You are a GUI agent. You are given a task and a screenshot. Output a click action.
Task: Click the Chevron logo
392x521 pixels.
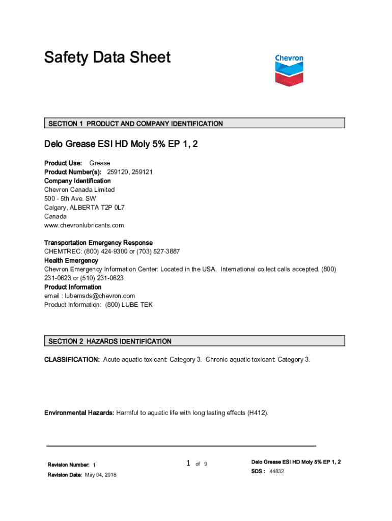click(289, 70)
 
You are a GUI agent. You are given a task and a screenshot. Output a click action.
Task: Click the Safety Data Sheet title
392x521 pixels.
click(107, 57)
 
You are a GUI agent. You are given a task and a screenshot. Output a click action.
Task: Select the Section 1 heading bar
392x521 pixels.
click(194, 123)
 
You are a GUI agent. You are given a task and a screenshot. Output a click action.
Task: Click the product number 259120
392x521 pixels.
click(117, 172)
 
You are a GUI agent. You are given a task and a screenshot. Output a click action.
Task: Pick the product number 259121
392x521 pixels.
click(142, 172)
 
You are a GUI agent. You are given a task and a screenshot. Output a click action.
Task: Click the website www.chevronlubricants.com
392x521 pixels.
click(84, 225)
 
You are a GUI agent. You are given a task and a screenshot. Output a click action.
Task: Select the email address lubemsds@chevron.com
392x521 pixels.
click(100, 296)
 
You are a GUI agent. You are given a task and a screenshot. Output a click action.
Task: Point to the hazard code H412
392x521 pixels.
click(257, 413)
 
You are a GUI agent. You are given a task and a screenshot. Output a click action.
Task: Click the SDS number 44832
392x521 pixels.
click(276, 472)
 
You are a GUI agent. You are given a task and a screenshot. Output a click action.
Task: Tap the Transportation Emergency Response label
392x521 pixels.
click(98, 243)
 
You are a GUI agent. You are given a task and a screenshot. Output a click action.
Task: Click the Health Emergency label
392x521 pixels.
click(71, 260)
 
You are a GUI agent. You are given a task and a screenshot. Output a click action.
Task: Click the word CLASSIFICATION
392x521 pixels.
click(72, 360)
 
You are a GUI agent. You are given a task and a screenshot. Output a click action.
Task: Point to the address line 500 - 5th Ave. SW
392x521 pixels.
click(70, 198)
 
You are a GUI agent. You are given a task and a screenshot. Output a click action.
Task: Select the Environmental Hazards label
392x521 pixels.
click(79, 413)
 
